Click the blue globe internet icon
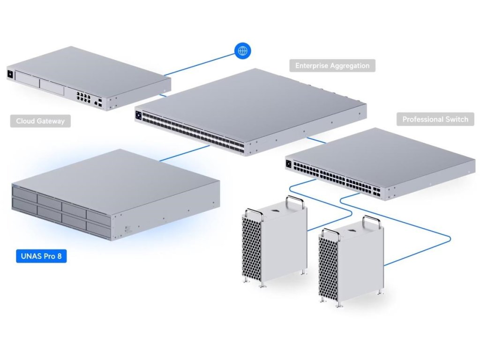point(242,50)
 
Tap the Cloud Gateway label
point(40,121)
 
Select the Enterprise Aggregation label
point(332,65)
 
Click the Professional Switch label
point(435,119)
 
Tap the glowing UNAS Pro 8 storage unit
point(112,192)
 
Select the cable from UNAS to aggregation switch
point(185,153)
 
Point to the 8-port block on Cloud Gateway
point(84,97)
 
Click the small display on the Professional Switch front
point(288,164)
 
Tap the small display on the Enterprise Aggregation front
point(139,114)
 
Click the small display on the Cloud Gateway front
point(10,73)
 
